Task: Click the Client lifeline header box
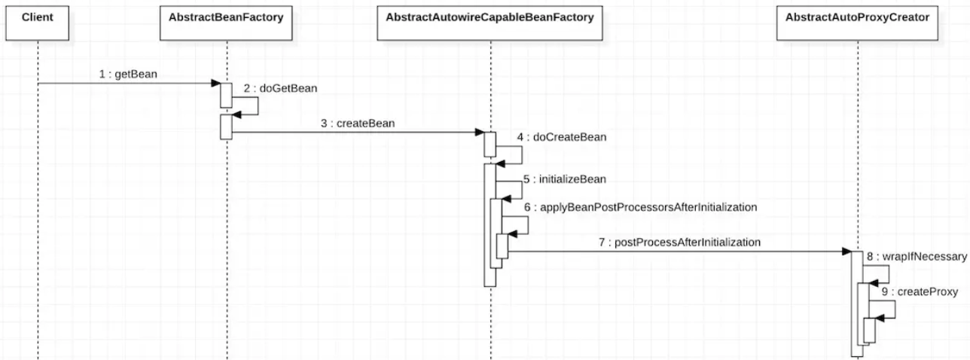(x=37, y=23)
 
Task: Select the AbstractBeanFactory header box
(x=226, y=23)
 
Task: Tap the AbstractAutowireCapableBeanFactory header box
(x=490, y=23)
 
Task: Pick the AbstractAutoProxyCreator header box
(x=857, y=23)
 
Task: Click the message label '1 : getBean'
(x=128, y=74)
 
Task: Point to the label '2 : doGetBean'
(x=280, y=88)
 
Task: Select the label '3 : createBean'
(x=358, y=124)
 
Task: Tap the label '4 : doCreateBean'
(x=562, y=137)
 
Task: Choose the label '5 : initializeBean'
(x=565, y=179)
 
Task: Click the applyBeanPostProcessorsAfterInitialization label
(x=640, y=208)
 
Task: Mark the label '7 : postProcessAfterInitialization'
(x=679, y=243)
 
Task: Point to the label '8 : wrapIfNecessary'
(x=917, y=257)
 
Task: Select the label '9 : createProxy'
(x=920, y=292)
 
